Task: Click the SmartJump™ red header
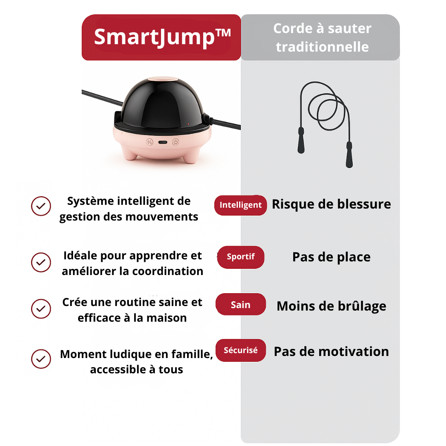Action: pos(161,37)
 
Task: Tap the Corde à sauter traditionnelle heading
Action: pos(322,38)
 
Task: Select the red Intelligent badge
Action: pos(240,205)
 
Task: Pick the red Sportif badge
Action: pos(240,257)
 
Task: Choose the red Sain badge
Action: pos(240,305)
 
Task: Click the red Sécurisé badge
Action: pos(240,350)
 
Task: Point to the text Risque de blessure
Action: pos(331,204)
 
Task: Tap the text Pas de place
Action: pos(331,257)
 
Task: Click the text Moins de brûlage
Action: pos(331,306)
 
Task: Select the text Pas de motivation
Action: pos(331,351)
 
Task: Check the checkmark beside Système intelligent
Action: pos(41,206)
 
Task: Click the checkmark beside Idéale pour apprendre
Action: pos(41,262)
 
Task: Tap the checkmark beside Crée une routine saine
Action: pos(41,309)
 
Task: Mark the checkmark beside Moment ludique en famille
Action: pos(41,359)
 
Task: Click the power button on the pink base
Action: pos(175,142)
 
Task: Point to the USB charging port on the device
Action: pos(162,142)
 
